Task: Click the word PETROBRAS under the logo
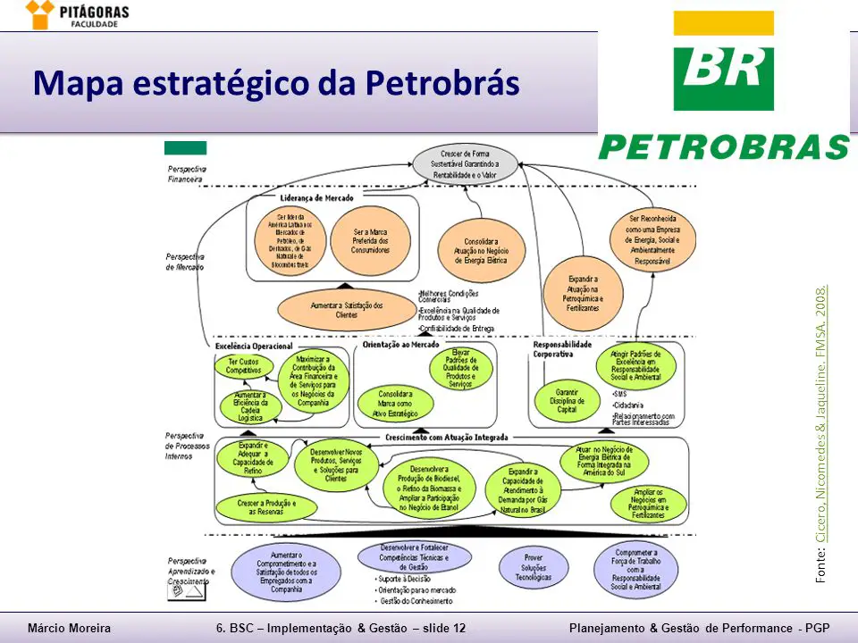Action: coord(723,147)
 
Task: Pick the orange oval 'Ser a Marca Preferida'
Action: coord(371,239)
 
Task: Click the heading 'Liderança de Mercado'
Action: coord(316,197)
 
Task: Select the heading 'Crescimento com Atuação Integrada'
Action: coord(447,438)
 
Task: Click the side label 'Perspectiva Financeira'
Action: coord(187,173)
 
